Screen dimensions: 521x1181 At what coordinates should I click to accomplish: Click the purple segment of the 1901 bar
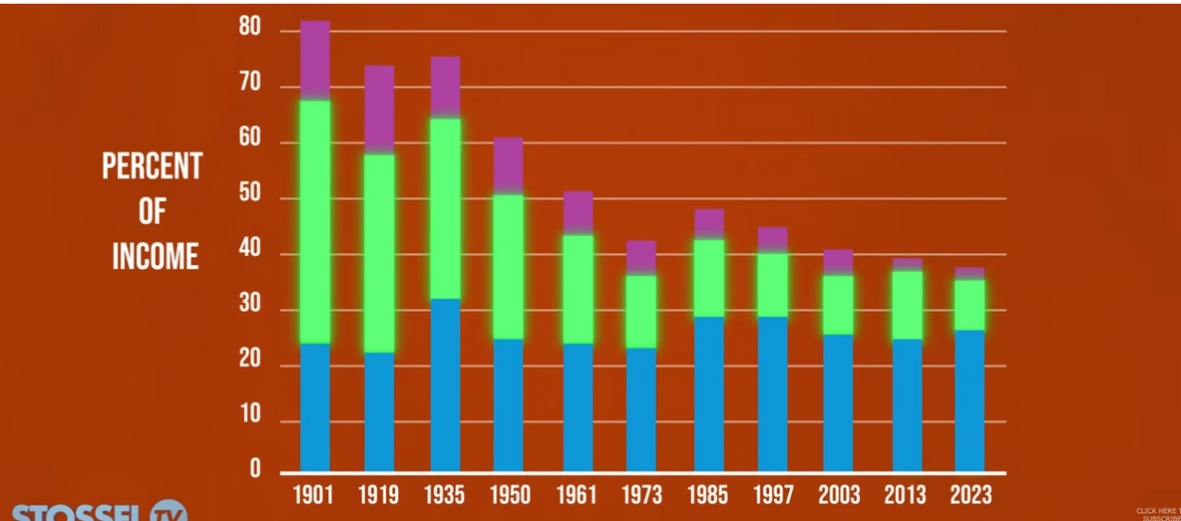[315, 59]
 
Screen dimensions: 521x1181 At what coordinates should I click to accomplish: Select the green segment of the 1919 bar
[379, 253]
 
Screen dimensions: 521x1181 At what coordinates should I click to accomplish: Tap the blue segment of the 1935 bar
[445, 385]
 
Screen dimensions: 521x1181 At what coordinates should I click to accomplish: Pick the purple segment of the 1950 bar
[508, 164]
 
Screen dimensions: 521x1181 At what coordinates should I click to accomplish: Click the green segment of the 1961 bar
[579, 289]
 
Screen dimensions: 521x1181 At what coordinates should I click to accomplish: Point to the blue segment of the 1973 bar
[641, 408]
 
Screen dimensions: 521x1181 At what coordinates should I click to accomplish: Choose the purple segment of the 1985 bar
[709, 224]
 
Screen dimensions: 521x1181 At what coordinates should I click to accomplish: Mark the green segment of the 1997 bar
[772, 285]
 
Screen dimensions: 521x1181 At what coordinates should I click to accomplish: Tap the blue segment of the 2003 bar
[838, 402]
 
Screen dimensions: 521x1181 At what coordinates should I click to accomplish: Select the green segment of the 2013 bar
[907, 305]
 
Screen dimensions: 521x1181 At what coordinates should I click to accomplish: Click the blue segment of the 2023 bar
[970, 400]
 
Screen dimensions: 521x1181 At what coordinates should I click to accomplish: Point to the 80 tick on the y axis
[249, 28]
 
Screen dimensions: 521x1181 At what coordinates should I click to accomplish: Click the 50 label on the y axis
[249, 196]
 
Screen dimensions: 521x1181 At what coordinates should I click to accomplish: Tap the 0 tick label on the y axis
[255, 469]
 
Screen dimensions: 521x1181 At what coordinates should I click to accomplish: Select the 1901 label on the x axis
[313, 495]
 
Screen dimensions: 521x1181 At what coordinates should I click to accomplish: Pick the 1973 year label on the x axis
[641, 495]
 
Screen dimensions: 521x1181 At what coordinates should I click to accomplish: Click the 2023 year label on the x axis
[971, 495]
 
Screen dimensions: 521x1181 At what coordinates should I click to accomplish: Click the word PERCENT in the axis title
[152, 167]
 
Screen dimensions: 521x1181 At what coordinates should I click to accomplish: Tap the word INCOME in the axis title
[155, 257]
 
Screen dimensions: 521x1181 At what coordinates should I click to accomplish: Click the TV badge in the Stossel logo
[169, 513]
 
